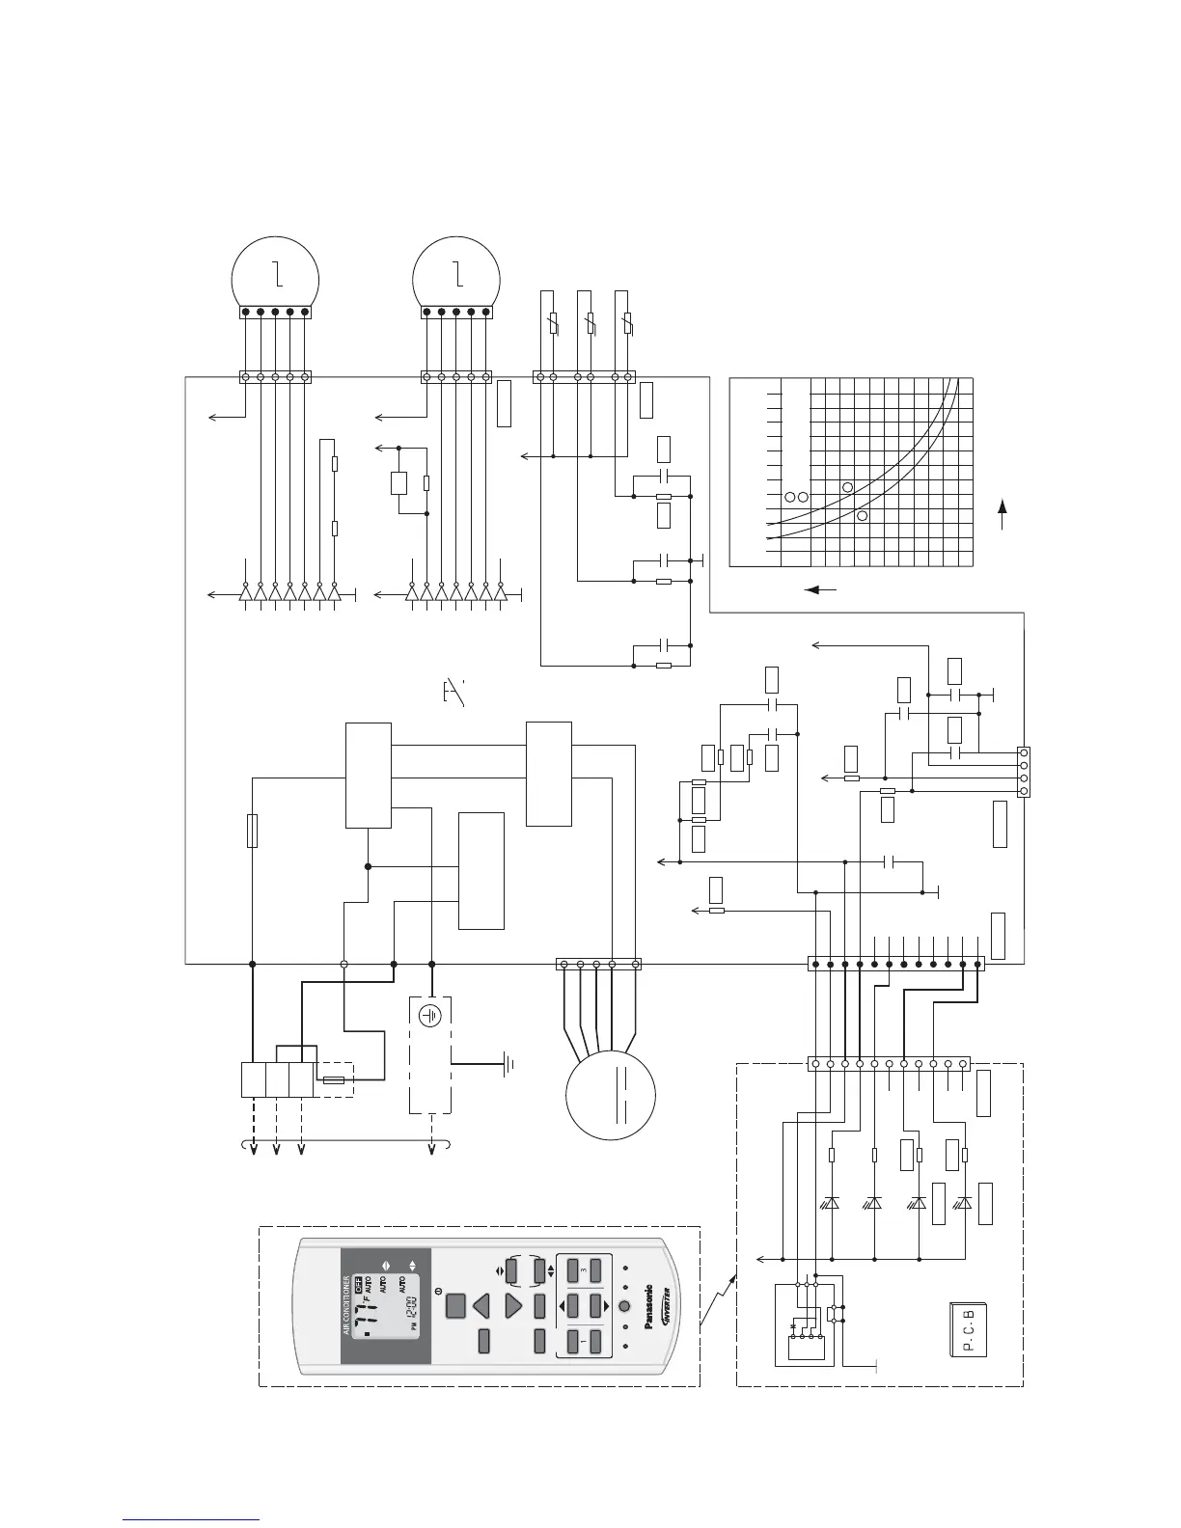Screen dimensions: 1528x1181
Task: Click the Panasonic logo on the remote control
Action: [648, 1307]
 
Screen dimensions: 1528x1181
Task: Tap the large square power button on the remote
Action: [457, 1306]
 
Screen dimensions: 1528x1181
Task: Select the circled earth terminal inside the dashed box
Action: [431, 1015]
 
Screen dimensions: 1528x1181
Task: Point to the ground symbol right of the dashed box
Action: [508, 1065]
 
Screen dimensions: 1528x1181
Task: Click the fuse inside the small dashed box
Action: [333, 1079]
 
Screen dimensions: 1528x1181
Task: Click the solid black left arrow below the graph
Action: [820, 588]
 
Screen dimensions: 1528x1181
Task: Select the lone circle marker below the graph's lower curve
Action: [862, 516]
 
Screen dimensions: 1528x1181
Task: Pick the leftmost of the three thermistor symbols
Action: [554, 324]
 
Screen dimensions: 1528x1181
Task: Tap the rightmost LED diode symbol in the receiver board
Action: [963, 1203]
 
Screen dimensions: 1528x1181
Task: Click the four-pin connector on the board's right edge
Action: [1024, 771]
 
